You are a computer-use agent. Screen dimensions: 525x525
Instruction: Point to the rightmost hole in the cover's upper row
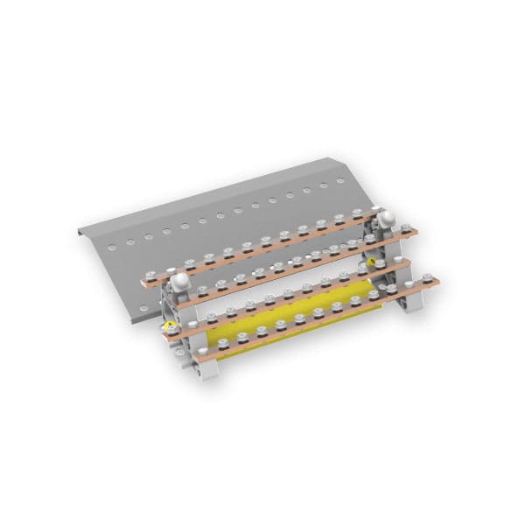[340, 181]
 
